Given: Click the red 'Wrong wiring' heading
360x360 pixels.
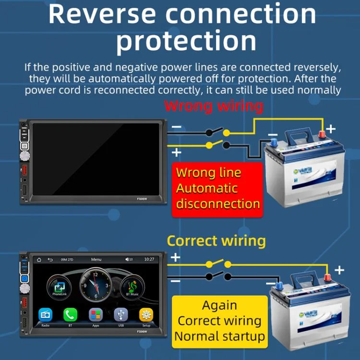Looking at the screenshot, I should [214, 106].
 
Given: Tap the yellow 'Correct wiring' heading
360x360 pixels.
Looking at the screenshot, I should [216, 240].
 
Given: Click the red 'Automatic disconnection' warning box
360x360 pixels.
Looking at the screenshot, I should [218, 188].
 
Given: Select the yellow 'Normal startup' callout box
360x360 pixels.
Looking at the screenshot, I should [220, 320].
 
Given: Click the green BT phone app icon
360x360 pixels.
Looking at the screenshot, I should [71, 315].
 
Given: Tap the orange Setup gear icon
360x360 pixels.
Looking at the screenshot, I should [146, 315].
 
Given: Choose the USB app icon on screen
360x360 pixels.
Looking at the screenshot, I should [121, 315].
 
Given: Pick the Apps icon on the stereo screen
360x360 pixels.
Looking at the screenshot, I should [96, 315].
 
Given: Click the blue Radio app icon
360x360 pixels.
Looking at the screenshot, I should [46, 315].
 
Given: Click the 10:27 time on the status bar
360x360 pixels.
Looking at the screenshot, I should [149, 260].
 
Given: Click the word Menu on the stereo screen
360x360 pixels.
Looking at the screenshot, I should [96, 260].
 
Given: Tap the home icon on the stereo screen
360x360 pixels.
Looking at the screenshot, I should [39, 260].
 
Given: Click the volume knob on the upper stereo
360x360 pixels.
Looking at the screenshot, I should [23, 156].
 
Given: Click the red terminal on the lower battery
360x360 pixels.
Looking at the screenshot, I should [328, 277].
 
